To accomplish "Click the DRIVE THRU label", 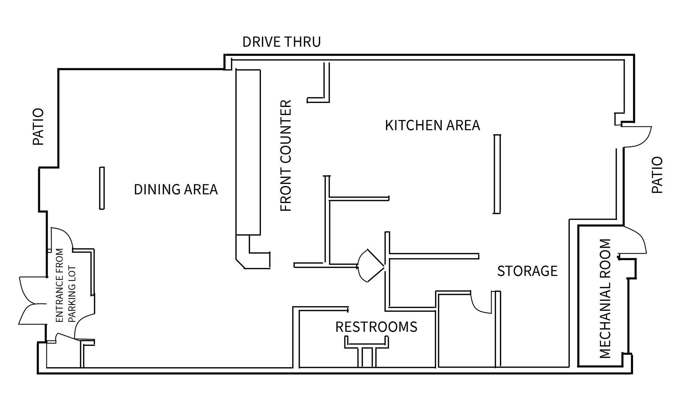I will click(x=281, y=42).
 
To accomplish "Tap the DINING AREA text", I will click(x=176, y=189).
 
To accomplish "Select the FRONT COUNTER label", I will click(x=286, y=156).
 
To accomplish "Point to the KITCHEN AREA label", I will click(x=432, y=125).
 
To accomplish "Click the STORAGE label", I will click(x=527, y=271).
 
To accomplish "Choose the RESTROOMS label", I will click(x=376, y=327).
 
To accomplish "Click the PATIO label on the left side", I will click(x=39, y=126).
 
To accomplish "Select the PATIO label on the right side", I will click(x=657, y=175).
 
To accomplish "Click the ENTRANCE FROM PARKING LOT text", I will click(x=66, y=285).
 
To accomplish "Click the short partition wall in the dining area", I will click(x=102, y=188).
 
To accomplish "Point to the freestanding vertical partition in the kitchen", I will click(x=497, y=174).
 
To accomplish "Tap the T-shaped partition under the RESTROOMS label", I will click(x=367, y=351).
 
